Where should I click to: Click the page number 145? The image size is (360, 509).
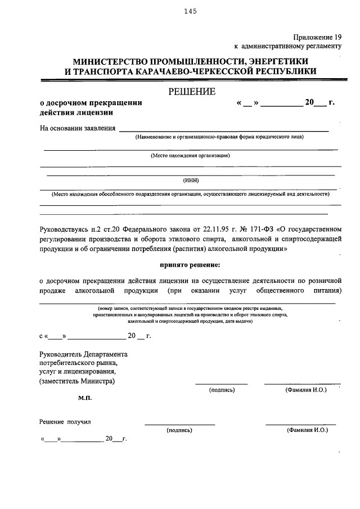point(189,11)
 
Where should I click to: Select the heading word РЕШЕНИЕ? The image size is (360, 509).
point(190,92)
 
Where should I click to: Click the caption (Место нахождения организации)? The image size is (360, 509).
point(190,155)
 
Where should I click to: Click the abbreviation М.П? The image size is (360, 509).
point(85,398)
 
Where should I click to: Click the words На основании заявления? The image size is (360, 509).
point(77,128)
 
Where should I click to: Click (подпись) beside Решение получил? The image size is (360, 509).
point(179,430)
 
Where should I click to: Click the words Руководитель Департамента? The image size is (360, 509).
point(83,354)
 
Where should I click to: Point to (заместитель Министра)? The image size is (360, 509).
point(77,381)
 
